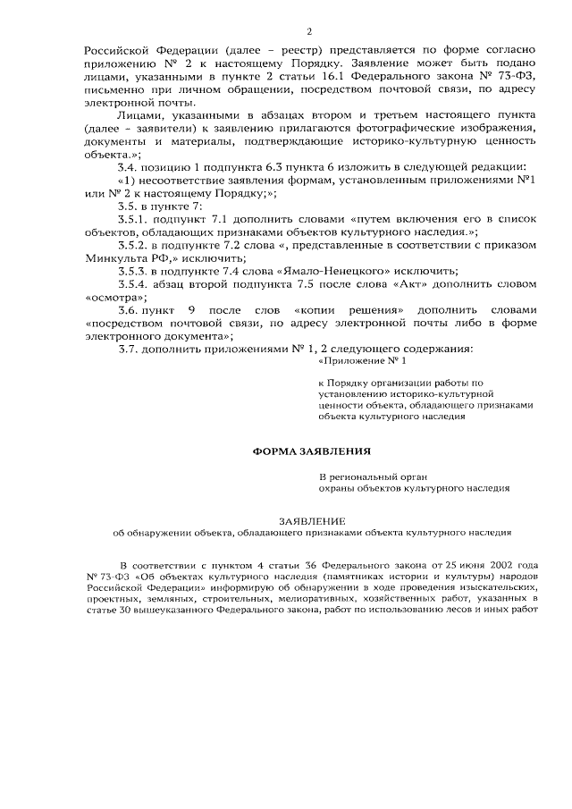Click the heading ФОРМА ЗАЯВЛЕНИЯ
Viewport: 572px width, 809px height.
coord(310,452)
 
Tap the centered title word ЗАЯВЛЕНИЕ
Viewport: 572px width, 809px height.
coord(310,519)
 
